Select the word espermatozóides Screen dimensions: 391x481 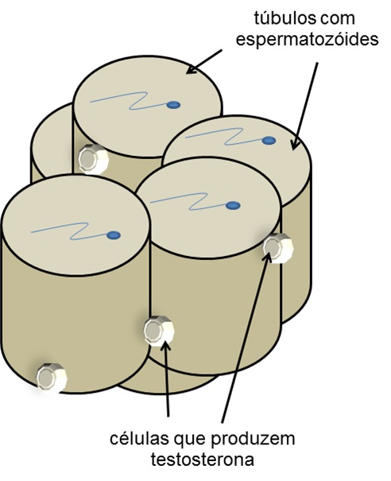307,40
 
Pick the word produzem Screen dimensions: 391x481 254,439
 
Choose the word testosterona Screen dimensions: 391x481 202,460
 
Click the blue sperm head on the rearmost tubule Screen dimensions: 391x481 173,105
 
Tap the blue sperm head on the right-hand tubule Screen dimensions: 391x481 269,141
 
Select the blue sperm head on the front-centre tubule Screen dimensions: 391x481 233,206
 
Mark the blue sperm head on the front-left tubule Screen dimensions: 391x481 114,235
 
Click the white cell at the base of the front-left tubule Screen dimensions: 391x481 52,378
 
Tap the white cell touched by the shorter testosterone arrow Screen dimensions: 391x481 159,332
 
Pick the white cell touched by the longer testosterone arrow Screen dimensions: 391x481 278,248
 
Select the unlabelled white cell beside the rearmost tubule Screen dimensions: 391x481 93,159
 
